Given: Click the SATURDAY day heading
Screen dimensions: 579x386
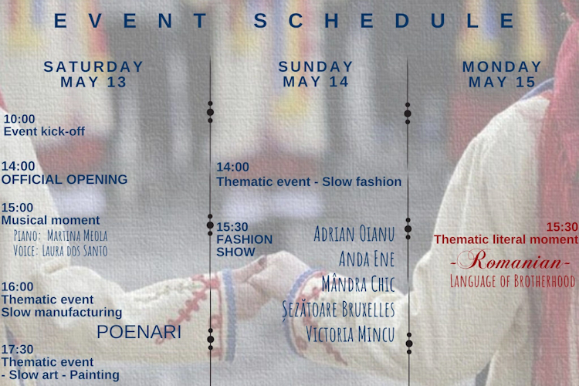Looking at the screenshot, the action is [93, 66].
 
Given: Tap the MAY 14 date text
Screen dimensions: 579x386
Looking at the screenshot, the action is [316, 82].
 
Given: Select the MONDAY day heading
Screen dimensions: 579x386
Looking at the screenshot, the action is [503, 66].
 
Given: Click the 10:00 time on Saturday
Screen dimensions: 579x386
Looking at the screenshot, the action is [19, 119].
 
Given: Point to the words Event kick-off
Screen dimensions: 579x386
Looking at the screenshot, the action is [44, 131].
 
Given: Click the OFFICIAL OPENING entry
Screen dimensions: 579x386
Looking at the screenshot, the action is [65, 180].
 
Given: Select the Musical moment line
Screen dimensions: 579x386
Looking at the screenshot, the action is [51, 220].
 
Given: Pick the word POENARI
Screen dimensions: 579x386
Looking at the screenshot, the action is [139, 332].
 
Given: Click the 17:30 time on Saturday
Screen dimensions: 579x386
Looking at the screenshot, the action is [17, 349].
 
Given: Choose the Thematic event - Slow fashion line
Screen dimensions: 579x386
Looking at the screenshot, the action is [309, 181].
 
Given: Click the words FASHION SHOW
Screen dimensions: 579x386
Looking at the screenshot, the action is [245, 245].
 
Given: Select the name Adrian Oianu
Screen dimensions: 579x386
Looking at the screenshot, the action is [354, 234].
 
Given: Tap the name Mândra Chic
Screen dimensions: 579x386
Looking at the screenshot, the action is [358, 284].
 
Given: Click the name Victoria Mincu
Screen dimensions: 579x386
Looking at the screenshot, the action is [350, 334].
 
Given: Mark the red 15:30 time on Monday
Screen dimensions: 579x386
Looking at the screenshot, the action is [562, 227].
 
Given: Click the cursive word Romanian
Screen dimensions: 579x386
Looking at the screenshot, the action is [510, 260].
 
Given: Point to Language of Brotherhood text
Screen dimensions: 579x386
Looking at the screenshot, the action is [513, 281].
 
